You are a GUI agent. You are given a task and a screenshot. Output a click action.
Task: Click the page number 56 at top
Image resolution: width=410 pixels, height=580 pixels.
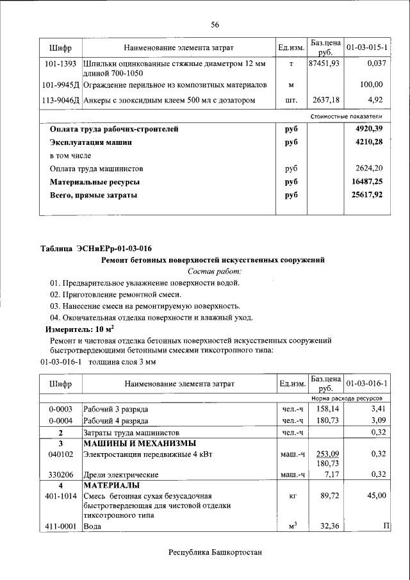215,24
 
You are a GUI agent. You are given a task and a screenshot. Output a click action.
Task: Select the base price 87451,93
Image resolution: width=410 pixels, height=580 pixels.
324,64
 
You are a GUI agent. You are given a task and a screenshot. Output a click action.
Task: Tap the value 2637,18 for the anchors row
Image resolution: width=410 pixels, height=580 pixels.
325,100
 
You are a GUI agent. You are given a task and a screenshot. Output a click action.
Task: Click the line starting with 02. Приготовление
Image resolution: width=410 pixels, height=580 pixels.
115,294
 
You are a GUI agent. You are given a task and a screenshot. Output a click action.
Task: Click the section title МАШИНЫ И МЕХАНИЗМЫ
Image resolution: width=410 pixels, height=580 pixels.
140,443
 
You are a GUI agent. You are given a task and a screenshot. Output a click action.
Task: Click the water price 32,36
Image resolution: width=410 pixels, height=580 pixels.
327,526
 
